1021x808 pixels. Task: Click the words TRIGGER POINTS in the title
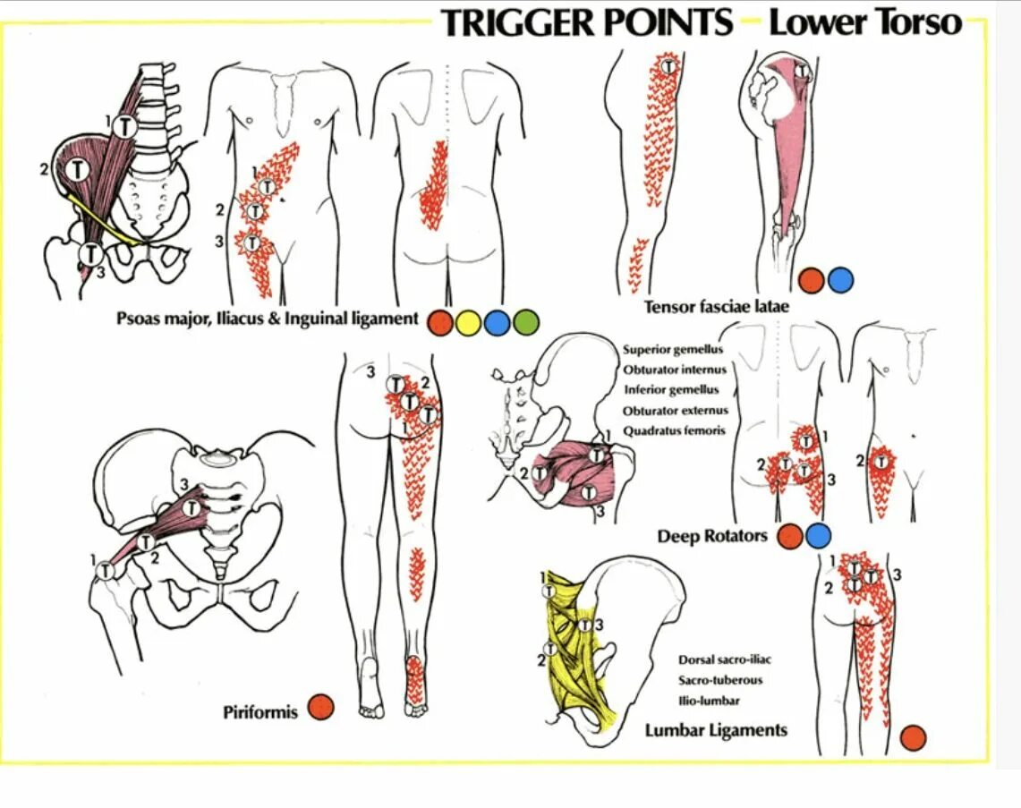[587, 23]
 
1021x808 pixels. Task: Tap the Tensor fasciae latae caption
[717, 307]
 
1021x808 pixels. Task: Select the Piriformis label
[260, 712]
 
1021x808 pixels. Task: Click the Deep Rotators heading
[712, 536]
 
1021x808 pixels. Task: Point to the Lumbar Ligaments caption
[716, 730]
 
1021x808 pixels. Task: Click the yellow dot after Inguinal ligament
[468, 322]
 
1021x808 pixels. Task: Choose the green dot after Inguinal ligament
[525, 322]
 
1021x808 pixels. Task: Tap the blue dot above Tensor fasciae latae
[840, 281]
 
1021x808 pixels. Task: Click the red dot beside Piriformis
[320, 708]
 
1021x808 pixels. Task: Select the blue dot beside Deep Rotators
[818, 536]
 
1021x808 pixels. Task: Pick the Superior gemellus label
[673, 350]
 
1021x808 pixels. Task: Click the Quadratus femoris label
[674, 430]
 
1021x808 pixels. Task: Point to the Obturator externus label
[676, 411]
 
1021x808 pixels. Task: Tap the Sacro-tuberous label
[720, 680]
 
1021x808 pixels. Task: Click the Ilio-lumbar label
[709, 701]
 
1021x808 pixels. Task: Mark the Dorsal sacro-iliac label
[725, 659]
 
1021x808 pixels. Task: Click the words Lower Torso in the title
[865, 23]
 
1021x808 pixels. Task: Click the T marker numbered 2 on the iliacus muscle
[80, 167]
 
